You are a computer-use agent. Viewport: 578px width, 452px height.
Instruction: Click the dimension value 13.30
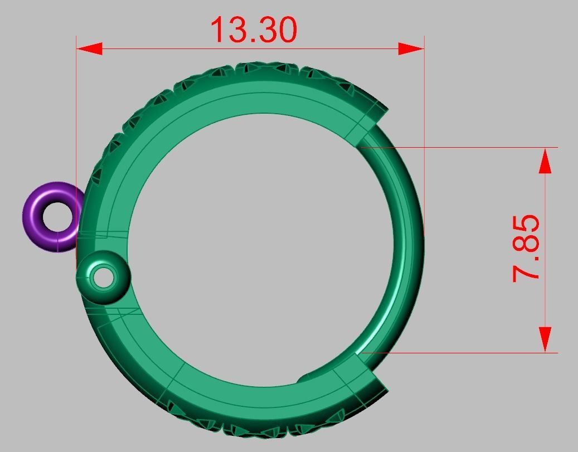click(x=254, y=30)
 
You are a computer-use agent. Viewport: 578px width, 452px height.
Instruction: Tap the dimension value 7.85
click(x=526, y=248)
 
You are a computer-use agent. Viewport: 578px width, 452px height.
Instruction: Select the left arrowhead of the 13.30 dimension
click(x=89, y=48)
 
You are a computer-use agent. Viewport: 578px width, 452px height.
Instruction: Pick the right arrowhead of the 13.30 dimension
click(x=411, y=48)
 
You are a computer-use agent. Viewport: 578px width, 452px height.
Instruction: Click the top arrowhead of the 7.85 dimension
click(x=545, y=161)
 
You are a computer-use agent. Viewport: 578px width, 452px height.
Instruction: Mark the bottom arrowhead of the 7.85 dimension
click(x=545, y=339)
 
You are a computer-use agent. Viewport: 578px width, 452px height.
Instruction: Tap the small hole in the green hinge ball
click(x=103, y=278)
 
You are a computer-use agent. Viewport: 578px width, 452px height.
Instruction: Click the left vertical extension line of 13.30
click(x=76, y=111)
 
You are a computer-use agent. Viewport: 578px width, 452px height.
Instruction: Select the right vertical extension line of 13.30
click(x=424, y=111)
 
